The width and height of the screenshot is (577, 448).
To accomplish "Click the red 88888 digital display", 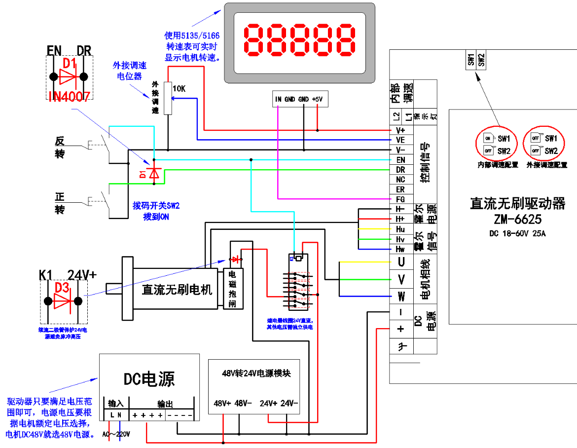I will click(299, 40).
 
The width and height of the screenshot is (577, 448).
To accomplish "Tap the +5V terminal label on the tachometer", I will click(317, 99).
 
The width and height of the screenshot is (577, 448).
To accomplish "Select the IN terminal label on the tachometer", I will click(279, 99).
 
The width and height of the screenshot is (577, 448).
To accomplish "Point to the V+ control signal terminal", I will click(400, 130).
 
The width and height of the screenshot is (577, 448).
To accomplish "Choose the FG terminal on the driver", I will click(400, 199).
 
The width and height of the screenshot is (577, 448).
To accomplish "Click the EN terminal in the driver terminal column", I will click(400, 160).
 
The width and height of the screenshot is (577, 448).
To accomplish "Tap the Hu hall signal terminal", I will click(400, 229).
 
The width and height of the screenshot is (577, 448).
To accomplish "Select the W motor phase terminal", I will click(401, 297).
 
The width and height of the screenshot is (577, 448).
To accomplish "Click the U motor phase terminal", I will click(401, 262).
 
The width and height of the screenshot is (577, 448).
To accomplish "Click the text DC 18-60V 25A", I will click(517, 233).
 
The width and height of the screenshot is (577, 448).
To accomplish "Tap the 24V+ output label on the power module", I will click(269, 403).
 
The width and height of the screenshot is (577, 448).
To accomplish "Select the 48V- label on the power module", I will click(243, 403).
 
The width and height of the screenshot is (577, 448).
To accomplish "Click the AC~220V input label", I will click(116, 434).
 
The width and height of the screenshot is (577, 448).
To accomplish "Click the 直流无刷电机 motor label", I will click(177, 289).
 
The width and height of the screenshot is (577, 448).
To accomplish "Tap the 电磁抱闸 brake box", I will click(233, 289).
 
